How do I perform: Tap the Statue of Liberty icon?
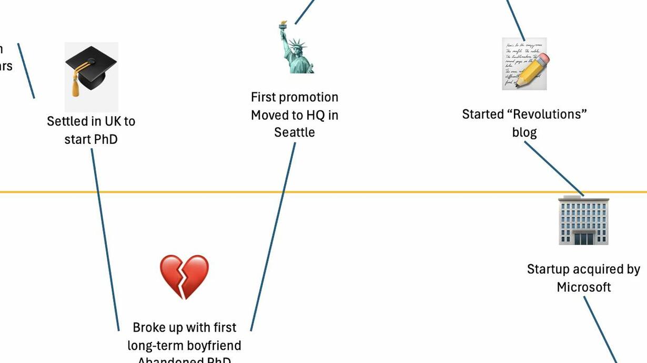coord(296,48)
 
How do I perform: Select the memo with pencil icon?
coord(524,64)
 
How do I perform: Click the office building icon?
coord(583,221)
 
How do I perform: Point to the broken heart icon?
coord(184,276)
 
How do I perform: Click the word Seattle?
coord(295,132)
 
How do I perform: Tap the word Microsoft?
coord(583,287)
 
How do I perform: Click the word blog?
coord(524,132)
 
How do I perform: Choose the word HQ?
coord(315,115)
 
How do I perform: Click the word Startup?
coord(549,269)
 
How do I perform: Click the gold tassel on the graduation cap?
coord(76,86)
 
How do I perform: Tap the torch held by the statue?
coord(284,25)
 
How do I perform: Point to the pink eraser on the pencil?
coord(544,59)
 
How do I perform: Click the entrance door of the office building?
coord(583,238)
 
